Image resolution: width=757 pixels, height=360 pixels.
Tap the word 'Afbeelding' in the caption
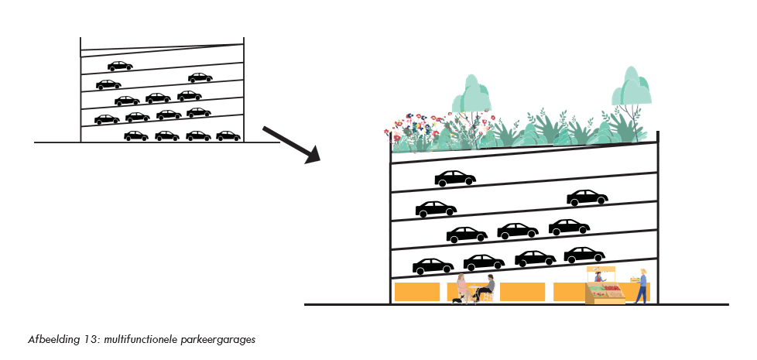[x=46, y=340]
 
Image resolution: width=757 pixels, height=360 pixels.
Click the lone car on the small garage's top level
[x=120, y=66]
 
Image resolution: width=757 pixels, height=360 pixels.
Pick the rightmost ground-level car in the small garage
[x=228, y=135]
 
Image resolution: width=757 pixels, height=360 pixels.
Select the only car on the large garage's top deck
[x=454, y=179]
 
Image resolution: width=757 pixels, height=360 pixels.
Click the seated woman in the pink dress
[x=462, y=286]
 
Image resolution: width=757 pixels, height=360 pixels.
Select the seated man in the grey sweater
[x=487, y=286]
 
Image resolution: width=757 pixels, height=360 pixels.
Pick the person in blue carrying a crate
[x=641, y=286]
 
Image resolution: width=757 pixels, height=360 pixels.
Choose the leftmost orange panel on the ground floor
[x=417, y=292]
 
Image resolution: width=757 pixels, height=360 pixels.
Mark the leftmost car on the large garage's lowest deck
[x=433, y=266]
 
